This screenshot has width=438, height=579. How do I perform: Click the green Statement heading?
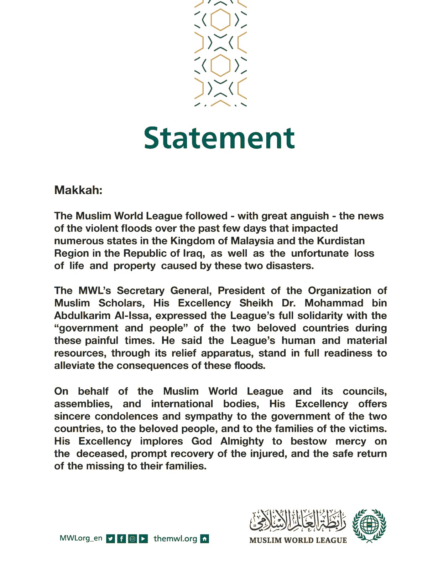click(219, 138)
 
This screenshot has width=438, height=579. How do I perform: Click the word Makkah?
click(78, 190)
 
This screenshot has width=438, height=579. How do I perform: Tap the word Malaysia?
click(252, 241)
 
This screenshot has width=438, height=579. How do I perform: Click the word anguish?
click(307, 216)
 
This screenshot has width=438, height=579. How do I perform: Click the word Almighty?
click(242, 441)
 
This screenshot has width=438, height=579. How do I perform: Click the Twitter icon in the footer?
click(111, 539)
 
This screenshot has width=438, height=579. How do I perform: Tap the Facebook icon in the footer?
click(121, 539)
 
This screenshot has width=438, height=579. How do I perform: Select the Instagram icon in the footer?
click(132, 539)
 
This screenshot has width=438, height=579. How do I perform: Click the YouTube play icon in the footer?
click(143, 539)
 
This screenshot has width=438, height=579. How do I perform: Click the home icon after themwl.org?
click(205, 539)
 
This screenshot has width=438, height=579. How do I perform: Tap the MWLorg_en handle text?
click(81, 538)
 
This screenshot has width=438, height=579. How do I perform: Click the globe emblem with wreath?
click(369, 525)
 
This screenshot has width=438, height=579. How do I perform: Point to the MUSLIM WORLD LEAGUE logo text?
click(298, 540)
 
